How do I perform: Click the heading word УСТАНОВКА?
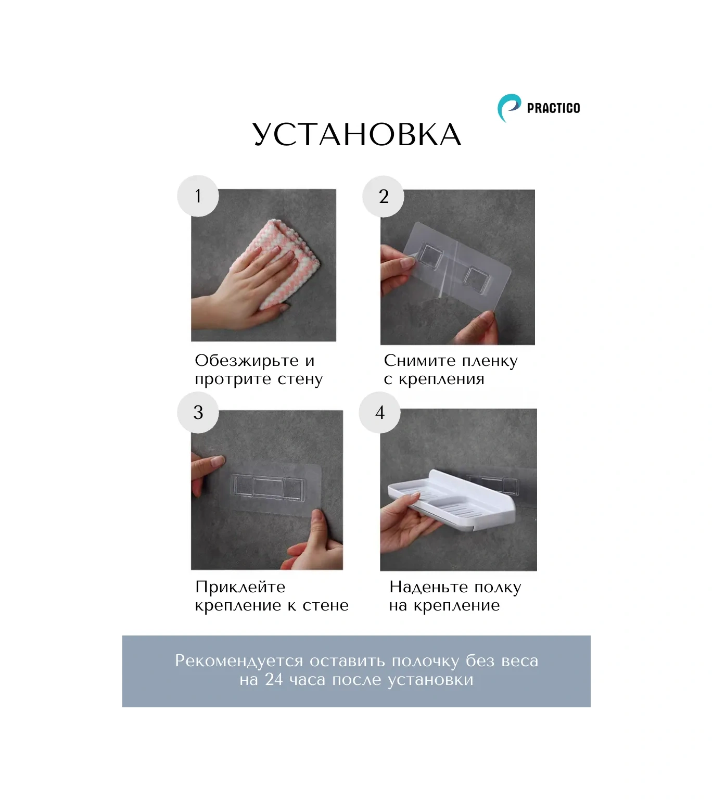coord(357,135)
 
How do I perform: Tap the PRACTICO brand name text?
coord(553,108)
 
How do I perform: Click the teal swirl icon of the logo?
coord(508,108)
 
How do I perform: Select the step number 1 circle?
coord(198,196)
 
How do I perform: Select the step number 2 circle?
coord(383,197)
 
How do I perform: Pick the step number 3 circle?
coord(198,412)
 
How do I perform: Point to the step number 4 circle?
coord(379,412)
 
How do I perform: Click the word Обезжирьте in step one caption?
coord(246,361)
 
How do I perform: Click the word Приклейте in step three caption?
coord(240,587)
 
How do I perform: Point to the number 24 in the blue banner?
coord(274,679)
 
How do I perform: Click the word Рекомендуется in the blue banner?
coord(239,661)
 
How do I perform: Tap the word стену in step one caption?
coord(300,379)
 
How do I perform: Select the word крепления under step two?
coord(441,379)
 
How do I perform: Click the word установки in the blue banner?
coord(430,680)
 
